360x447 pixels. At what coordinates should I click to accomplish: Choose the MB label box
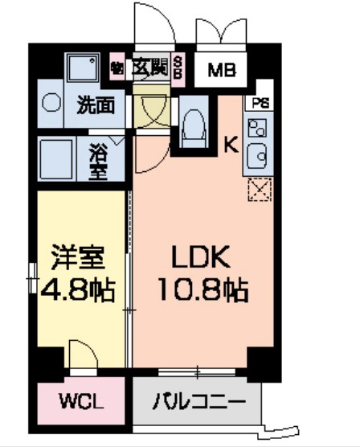click(x=222, y=69)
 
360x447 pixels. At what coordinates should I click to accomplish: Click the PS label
click(x=260, y=103)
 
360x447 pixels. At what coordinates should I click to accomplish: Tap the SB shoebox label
click(x=178, y=68)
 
